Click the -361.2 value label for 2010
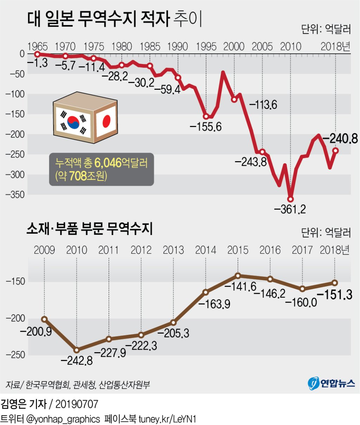[x=290, y=209]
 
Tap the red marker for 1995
[x=206, y=117]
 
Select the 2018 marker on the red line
[x=335, y=151]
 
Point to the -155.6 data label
[x=206, y=127]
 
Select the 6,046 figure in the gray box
[x=108, y=163]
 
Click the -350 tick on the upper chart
[x=15, y=195]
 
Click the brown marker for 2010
[x=77, y=350]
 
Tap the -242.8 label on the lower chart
[x=77, y=361]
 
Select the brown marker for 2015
[x=238, y=275]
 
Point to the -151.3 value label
[x=334, y=294]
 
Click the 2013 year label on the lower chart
[x=173, y=250]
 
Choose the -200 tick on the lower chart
[x=15, y=318]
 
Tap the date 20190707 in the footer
[x=77, y=404]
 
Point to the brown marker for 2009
[x=44, y=319]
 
